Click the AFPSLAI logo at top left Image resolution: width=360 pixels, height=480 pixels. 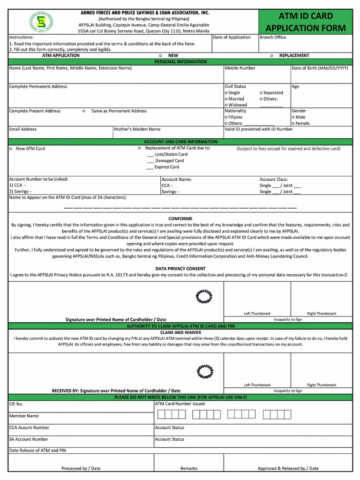tap(41, 22)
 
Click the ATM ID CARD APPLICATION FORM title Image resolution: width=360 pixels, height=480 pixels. tap(306, 22)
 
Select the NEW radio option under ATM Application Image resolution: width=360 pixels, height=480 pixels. tap(161, 55)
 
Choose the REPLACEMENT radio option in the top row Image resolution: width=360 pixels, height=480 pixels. tap(272, 55)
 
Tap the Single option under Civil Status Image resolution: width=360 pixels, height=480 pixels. tap(226, 93)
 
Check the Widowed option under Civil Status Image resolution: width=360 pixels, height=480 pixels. tap(226, 105)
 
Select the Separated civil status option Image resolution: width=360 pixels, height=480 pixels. tap(261, 93)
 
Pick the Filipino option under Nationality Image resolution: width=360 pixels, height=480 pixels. tap(226, 117)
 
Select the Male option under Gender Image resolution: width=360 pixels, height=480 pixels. tap(293, 117)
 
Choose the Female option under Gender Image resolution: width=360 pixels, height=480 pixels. tap(293, 123)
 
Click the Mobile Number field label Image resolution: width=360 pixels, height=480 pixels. tap(240, 68)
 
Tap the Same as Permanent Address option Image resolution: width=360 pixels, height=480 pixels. tap(83, 111)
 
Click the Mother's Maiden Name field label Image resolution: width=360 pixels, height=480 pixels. tap(137, 129)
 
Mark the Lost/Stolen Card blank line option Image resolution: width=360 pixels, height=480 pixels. tap(150, 154)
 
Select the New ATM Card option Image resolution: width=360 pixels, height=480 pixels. tap(10, 149)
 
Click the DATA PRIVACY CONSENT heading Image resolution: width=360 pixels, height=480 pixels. tap(180, 269)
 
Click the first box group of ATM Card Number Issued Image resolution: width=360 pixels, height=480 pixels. tap(172, 414)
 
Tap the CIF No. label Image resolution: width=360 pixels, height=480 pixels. tap(16, 404)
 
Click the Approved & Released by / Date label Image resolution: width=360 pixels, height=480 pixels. tap(288, 468)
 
